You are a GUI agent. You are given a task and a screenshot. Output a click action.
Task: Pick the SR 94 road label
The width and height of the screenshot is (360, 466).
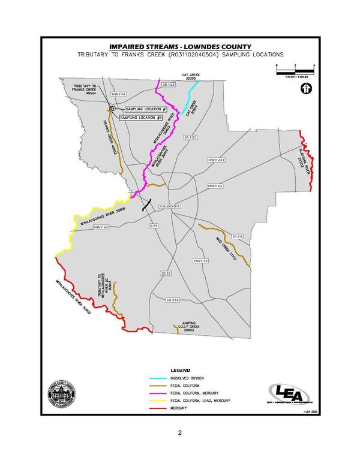pos(236,237)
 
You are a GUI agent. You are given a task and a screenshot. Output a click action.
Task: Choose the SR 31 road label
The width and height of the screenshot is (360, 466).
pos(166,273)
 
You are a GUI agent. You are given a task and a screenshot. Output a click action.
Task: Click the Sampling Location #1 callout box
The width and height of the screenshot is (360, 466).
pos(146,109)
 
